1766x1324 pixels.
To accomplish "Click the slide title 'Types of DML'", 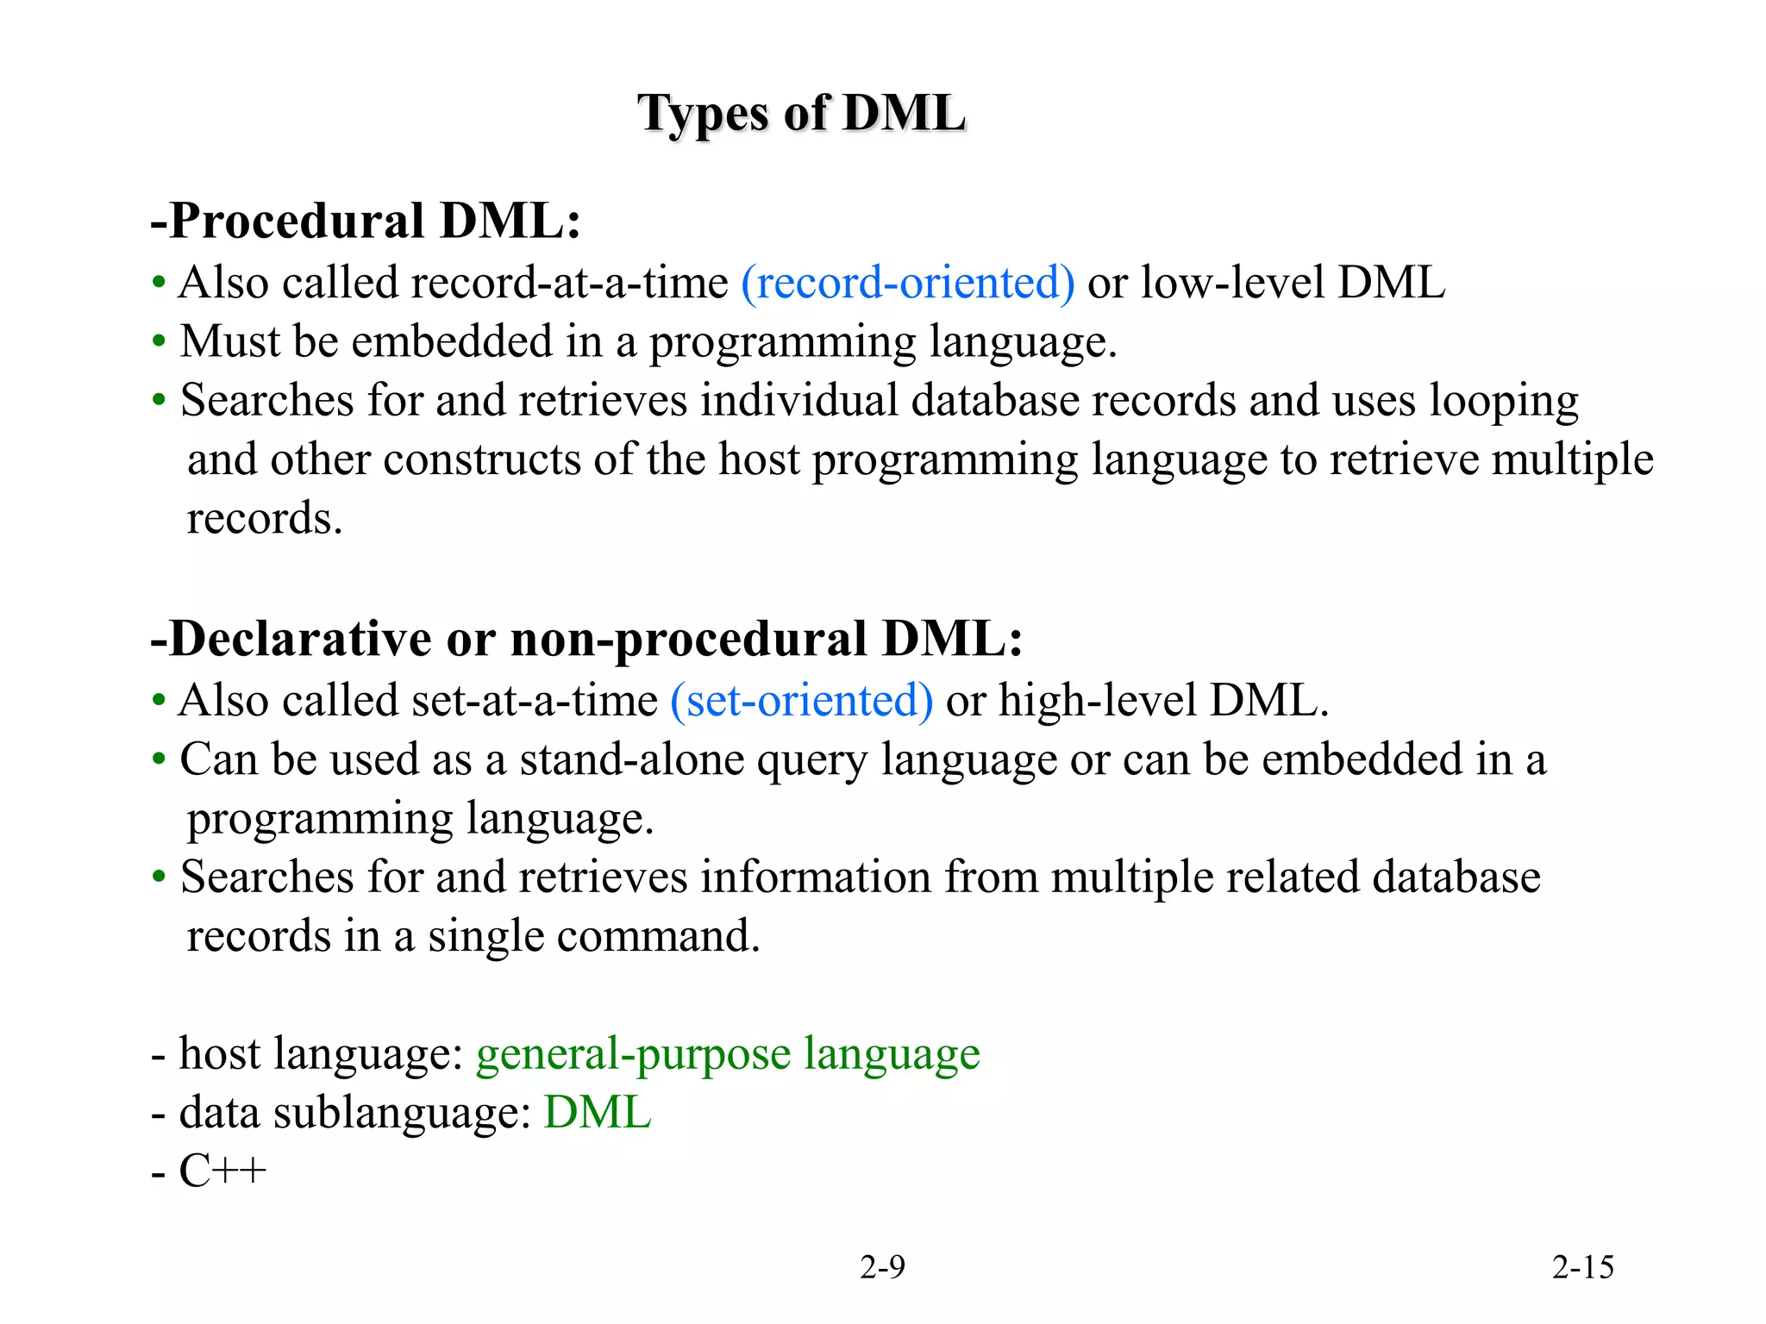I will click(x=801, y=114).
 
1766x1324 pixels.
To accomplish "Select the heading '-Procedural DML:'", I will click(x=366, y=221).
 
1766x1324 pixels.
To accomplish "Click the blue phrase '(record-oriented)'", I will click(x=907, y=283).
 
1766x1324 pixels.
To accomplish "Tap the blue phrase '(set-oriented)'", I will click(x=801, y=700).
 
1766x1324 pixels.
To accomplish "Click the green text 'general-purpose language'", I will click(x=728, y=1053).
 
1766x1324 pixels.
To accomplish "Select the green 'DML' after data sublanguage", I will click(x=597, y=1112).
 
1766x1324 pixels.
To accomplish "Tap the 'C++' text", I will click(x=222, y=1171).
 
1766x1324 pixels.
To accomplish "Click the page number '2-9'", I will click(x=882, y=1267).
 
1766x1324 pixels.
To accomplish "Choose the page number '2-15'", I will click(x=1582, y=1267).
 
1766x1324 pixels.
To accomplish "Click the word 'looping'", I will click(x=1503, y=403).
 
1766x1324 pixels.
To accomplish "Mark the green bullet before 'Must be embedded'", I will click(x=159, y=342).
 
